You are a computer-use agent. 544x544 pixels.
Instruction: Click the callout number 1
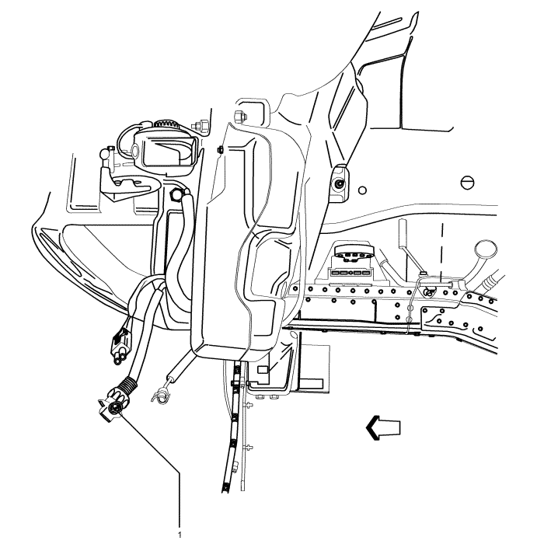point(181,534)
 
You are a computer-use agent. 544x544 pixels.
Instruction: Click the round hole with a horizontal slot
point(467,182)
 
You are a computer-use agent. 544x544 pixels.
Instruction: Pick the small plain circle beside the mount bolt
point(362,190)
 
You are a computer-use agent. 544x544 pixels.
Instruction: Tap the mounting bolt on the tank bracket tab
point(339,185)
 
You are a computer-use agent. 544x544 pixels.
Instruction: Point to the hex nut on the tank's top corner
point(239,118)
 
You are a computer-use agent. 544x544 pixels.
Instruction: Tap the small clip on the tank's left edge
point(221,149)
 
